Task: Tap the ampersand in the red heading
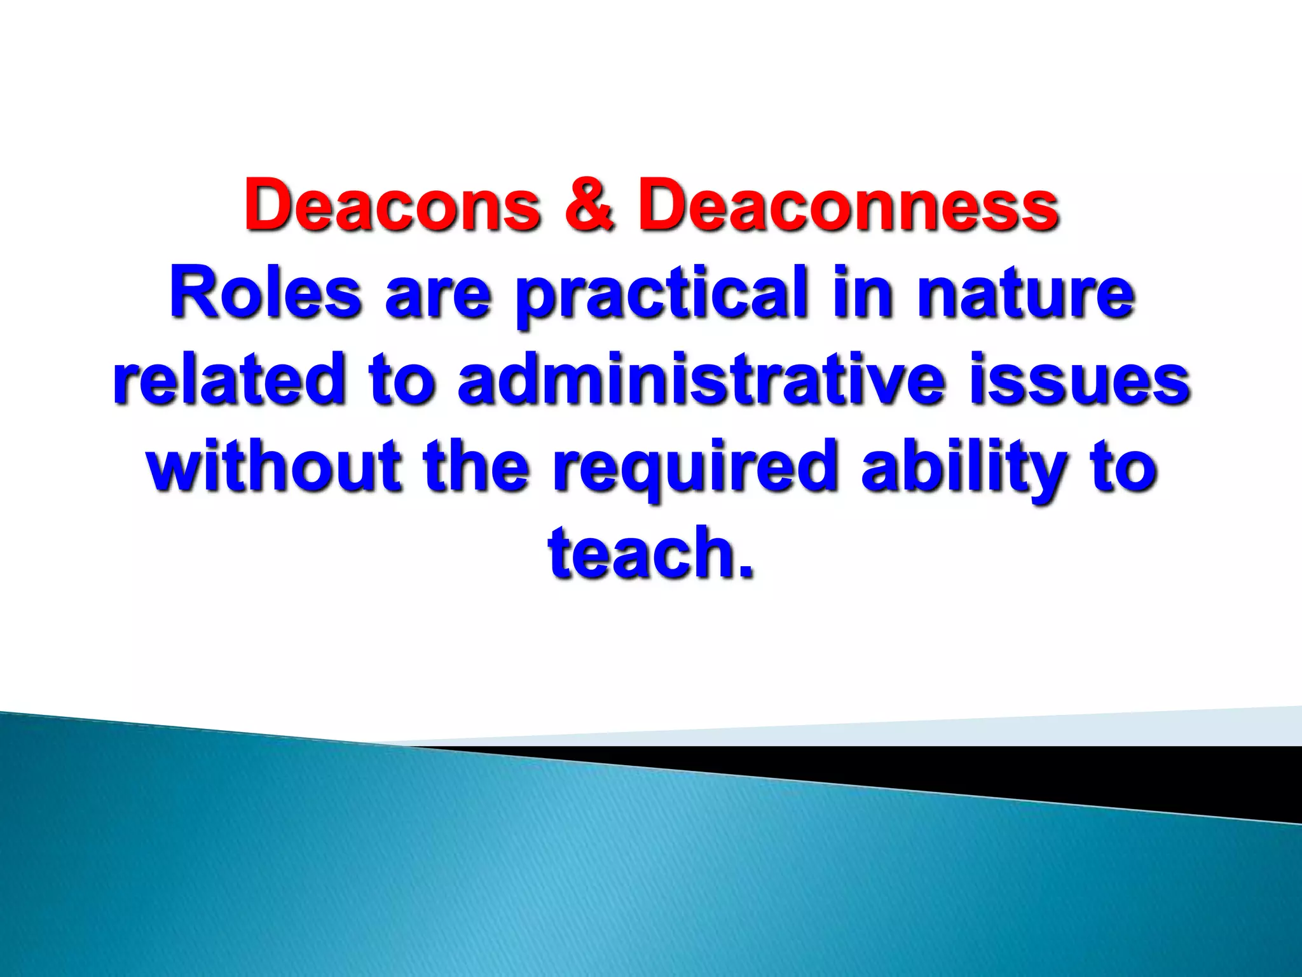[x=589, y=205]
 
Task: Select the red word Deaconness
[x=848, y=205]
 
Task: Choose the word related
[x=229, y=380]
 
